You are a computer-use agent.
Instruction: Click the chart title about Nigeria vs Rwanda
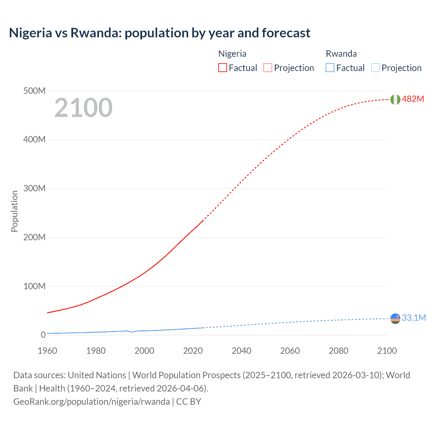coord(159,33)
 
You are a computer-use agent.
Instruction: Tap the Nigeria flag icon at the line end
coord(395,99)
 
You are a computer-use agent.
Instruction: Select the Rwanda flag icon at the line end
coord(395,318)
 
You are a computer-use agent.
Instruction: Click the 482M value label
coord(413,99)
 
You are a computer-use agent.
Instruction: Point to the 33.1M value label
coord(414,318)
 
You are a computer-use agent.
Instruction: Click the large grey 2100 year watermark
coord(83,108)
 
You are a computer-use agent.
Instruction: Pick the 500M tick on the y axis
coord(34,91)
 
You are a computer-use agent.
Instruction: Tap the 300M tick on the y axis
coord(34,188)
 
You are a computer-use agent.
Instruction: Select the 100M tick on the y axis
coord(34,286)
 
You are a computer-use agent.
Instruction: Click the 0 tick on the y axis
coord(43,335)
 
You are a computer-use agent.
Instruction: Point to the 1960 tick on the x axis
coord(47,351)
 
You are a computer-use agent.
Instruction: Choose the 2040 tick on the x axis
coord(241,351)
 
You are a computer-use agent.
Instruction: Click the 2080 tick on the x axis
coord(338,351)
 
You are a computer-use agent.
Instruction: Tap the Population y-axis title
coord(14,211)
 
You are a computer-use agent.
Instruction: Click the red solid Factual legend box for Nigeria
coord(223,68)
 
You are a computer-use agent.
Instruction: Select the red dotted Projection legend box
coord(268,68)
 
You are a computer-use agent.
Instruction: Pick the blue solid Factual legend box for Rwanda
coord(330,68)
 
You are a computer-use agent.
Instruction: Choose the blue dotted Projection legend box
coord(375,68)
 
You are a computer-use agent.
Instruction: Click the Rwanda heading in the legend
coord(341,54)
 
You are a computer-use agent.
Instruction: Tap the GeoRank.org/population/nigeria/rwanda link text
coord(91,402)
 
